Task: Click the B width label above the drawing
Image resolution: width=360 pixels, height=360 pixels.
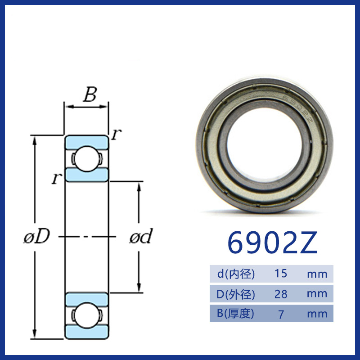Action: pos(90,94)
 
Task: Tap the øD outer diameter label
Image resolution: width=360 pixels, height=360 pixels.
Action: pos(37,236)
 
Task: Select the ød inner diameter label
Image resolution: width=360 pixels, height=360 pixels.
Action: pos(141,236)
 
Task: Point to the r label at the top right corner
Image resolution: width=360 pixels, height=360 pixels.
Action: pos(117,134)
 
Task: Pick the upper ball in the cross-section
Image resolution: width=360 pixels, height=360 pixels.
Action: pos(87,159)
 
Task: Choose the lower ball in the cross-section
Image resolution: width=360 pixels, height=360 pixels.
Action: pos(87,315)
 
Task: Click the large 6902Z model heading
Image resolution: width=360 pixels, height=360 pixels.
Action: pos(272,243)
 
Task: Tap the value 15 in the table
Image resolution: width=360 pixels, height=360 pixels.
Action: pos(280,274)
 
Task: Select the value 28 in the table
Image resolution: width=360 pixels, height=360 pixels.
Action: pos(281,294)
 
